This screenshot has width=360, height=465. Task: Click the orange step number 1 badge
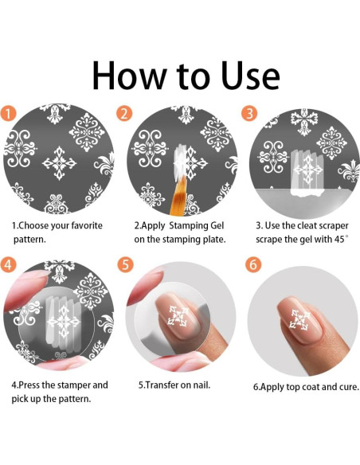pyautogui.click(x=8, y=113)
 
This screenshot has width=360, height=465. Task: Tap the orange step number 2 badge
pyautogui.click(x=124, y=113)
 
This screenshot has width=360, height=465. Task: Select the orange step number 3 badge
pyautogui.click(x=249, y=113)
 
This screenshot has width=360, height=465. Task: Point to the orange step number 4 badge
pyautogui.click(x=8, y=264)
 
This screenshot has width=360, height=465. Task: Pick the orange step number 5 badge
pyautogui.click(x=125, y=264)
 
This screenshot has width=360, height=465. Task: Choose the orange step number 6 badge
pyautogui.click(x=254, y=264)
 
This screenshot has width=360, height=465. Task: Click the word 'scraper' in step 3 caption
pyautogui.click(x=333, y=226)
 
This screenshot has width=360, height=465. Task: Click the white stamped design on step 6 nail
pyautogui.click(x=299, y=318)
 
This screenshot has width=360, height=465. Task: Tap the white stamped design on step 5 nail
pyautogui.click(x=178, y=316)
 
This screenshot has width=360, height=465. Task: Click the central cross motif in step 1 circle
pyautogui.click(x=59, y=162)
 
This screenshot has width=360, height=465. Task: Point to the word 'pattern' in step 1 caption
pyautogui.click(x=29, y=240)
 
